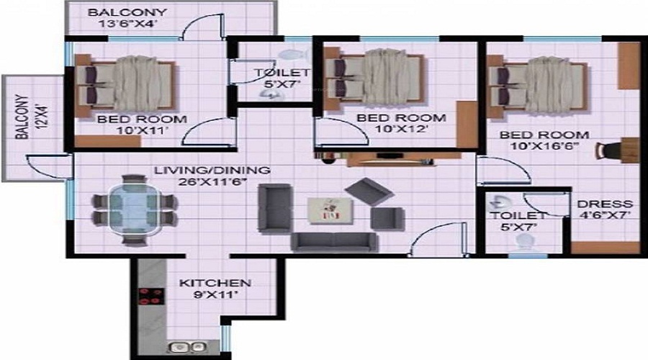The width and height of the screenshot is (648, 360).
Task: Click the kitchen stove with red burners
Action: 151,296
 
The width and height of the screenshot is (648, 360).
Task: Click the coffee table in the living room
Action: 330,210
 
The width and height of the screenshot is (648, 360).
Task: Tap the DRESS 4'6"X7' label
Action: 605,209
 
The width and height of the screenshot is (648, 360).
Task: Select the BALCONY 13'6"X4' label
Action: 127,18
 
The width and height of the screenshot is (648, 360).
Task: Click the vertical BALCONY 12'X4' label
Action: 30,117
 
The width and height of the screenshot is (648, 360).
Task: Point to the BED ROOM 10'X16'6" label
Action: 544,140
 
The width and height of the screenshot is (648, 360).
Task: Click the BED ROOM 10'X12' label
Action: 401,123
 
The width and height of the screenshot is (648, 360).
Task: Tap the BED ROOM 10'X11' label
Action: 142,125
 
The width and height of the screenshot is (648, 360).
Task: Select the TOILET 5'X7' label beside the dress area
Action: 518,221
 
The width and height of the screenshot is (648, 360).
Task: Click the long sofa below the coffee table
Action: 334,242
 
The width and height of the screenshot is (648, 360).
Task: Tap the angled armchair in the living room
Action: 369,192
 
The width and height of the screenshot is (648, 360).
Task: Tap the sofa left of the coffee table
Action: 274,208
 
